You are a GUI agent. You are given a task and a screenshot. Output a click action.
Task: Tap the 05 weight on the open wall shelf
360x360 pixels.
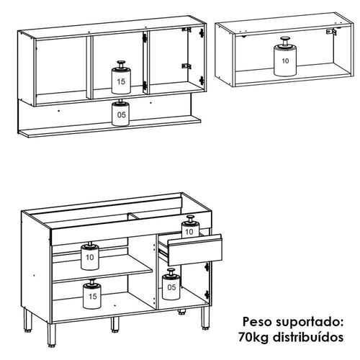coord(121,112)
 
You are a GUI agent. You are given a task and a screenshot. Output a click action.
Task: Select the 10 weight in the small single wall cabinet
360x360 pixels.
coord(285,57)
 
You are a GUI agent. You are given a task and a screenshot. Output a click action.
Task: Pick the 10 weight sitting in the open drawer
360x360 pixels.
coord(190,226)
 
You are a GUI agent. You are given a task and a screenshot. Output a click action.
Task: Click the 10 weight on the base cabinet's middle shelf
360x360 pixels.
coord(90,256)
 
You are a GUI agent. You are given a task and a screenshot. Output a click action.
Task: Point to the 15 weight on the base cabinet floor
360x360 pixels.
coord(92,294)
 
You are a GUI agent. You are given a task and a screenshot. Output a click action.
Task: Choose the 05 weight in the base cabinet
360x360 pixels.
coord(171,284)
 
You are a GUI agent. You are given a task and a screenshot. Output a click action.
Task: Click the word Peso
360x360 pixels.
coord(257,322)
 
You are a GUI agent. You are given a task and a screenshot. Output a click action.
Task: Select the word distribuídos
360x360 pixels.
coord(308,337)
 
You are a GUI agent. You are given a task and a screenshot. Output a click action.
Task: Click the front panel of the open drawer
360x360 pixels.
coord(195,250)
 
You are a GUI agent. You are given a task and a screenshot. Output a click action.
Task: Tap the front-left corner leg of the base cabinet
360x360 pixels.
coord(51,335)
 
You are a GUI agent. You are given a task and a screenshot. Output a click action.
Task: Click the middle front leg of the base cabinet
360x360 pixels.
coord(115,324)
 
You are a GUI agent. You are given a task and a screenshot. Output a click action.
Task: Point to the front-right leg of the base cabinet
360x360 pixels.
coord(205,318)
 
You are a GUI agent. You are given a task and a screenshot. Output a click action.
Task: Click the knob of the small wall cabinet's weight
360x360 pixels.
coord(285,41)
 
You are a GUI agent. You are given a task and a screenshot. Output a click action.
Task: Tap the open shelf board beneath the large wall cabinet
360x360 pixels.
coord(109,127)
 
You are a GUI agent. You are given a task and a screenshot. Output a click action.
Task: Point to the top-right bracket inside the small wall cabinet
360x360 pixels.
coord(331,32)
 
